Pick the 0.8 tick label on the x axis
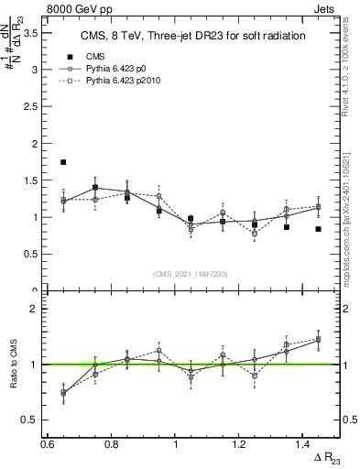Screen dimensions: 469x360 click(112, 444)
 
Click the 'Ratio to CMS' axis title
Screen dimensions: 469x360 click(12, 365)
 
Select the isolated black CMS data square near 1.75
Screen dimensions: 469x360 click(63, 162)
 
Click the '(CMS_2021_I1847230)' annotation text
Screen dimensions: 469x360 click(191, 273)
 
